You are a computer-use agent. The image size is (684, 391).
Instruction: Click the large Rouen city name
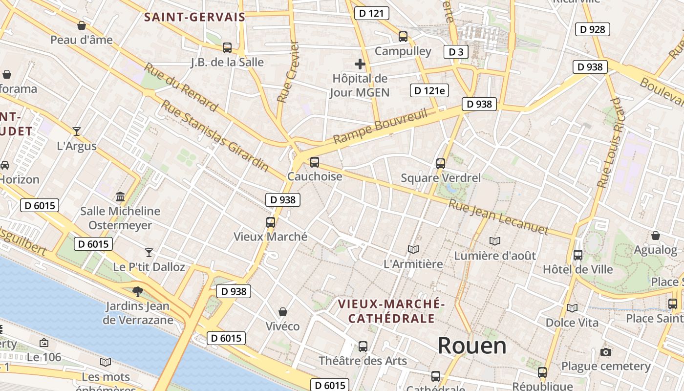click(471, 346)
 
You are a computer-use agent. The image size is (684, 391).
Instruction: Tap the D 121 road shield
click(371, 13)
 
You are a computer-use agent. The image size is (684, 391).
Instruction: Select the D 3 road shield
click(455, 52)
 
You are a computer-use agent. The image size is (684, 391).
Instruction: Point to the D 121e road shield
click(429, 90)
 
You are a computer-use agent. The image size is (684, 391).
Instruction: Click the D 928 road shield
click(593, 29)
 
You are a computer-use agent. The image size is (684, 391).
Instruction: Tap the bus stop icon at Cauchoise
click(315, 162)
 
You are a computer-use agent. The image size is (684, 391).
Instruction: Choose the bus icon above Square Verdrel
click(441, 163)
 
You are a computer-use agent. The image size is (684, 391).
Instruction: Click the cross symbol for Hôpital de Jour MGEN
click(360, 64)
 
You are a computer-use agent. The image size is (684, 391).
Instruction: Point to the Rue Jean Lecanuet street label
click(498, 217)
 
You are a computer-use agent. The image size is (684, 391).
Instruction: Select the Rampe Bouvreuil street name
click(380, 127)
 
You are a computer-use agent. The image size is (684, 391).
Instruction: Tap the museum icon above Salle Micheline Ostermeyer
click(120, 196)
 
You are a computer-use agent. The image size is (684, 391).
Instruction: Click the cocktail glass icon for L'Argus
click(77, 131)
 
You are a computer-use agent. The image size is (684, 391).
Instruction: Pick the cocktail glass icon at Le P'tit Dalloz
click(149, 252)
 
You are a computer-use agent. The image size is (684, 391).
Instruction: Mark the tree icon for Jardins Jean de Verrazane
click(138, 292)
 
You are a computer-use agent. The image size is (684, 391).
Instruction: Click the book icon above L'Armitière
click(413, 249)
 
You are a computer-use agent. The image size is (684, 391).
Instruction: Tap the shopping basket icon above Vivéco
click(282, 311)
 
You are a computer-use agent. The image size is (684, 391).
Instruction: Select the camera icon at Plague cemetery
click(606, 352)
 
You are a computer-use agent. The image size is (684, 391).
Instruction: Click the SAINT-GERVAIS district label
click(194, 18)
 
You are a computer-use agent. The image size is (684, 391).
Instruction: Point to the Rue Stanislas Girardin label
click(215, 136)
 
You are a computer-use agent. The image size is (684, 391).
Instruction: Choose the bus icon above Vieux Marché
click(271, 222)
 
